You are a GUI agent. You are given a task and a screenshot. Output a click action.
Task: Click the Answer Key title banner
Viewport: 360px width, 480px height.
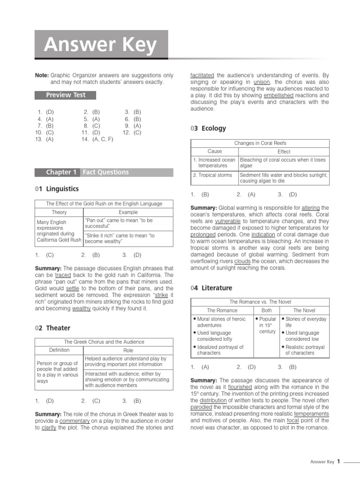click(x=101, y=45)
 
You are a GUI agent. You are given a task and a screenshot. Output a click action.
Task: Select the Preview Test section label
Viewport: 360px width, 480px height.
click(x=66, y=95)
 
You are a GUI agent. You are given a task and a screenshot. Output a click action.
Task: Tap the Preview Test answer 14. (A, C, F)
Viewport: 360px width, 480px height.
click(x=97, y=139)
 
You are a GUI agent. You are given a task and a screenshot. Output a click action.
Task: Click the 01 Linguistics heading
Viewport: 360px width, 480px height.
click(x=57, y=189)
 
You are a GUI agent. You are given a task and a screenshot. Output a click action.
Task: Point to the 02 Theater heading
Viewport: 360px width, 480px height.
click(x=52, y=328)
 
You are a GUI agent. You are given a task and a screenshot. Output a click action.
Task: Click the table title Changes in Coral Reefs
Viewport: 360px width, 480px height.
click(x=260, y=143)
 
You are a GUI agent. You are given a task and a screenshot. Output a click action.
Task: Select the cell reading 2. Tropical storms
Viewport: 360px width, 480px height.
click(x=212, y=175)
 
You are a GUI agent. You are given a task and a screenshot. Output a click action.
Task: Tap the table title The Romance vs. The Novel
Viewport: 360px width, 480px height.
click(x=260, y=302)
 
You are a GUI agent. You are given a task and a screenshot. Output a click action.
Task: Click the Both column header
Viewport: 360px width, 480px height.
click(x=266, y=310)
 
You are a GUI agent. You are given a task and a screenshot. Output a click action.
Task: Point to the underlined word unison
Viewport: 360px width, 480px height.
click(x=261, y=81)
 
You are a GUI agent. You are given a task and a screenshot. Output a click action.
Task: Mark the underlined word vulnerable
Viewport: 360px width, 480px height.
click(x=228, y=221)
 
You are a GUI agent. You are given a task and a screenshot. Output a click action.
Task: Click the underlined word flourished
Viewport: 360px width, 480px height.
click(x=240, y=387)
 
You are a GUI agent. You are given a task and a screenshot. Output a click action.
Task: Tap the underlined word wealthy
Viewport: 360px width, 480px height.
click(x=82, y=308)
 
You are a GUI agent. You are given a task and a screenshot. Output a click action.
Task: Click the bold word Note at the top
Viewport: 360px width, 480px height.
click(x=42, y=75)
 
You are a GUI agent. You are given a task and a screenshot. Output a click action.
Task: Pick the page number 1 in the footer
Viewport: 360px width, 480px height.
click(x=338, y=461)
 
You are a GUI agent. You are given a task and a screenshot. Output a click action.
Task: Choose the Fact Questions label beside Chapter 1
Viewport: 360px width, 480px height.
click(x=105, y=172)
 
